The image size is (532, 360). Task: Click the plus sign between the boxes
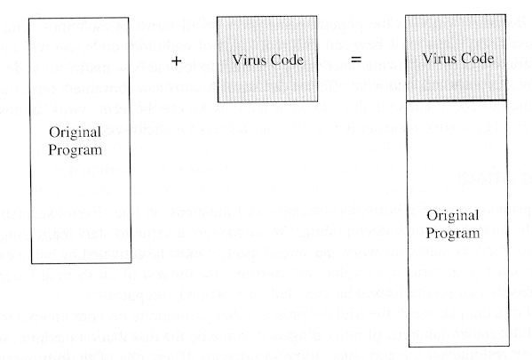point(177,60)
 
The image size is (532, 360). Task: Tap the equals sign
point(356,59)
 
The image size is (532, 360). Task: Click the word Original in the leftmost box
point(75,132)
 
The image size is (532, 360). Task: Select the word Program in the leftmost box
point(75,150)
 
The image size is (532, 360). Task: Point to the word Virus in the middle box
point(250,60)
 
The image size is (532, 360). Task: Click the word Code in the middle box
point(286,60)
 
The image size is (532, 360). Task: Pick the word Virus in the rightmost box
point(440,58)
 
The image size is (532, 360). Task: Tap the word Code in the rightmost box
point(477,59)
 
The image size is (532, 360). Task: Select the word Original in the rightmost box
point(453,215)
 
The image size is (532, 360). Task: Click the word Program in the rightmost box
point(453,233)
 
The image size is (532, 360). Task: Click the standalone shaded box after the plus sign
point(267,59)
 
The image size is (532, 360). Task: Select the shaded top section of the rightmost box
point(456,58)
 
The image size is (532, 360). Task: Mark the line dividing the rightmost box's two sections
point(457,100)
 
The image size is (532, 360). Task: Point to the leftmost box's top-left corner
point(29,19)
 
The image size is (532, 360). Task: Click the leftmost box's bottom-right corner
point(131,262)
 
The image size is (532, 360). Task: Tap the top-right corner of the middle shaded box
point(317,16)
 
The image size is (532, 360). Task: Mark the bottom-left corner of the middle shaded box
point(218,101)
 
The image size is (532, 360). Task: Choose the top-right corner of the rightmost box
point(505,14)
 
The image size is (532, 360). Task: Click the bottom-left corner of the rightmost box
point(409,347)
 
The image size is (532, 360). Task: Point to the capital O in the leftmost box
point(53,132)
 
